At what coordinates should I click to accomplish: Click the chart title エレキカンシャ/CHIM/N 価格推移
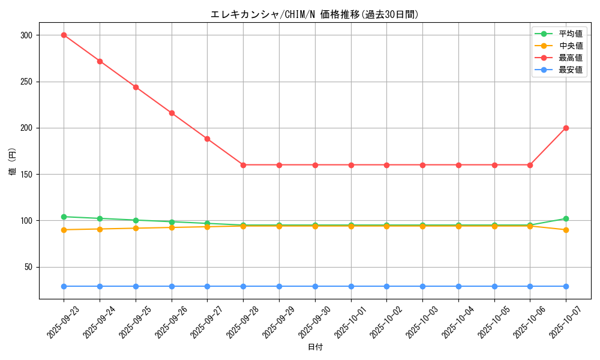[x=314, y=14]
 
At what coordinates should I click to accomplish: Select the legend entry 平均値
[x=570, y=34]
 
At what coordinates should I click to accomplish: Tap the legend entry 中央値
[x=570, y=46]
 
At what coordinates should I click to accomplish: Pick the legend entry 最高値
[x=570, y=58]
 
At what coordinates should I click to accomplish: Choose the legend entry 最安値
[x=570, y=70]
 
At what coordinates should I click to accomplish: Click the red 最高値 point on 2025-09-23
[x=64, y=35]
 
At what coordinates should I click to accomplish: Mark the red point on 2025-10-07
[x=566, y=128]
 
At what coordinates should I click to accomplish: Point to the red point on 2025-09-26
[x=172, y=113]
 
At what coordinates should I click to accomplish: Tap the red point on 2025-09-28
[x=243, y=165]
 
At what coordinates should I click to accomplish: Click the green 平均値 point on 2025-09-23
[x=64, y=217]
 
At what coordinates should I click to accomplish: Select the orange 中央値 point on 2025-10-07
[x=566, y=230]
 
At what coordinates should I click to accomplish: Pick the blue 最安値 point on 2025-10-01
[x=351, y=286]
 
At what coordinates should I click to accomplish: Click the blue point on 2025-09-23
[x=64, y=286]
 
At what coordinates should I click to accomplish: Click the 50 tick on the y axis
[x=27, y=267]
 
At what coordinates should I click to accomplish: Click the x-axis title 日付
[x=315, y=347]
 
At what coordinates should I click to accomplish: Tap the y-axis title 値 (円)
[x=13, y=161]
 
